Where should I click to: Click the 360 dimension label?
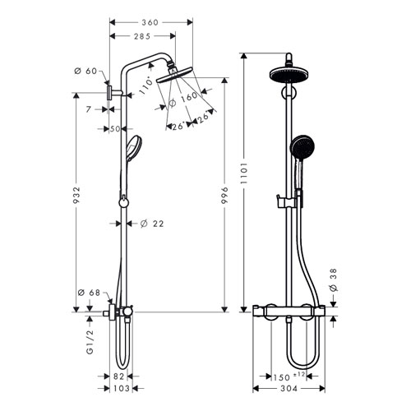[150, 22]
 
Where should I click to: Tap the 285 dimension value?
[142, 36]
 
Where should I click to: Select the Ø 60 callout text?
[85, 71]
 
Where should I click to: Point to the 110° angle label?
[145, 85]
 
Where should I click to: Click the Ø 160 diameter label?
[182, 99]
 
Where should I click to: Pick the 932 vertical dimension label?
[76, 195]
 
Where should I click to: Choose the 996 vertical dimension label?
[224, 195]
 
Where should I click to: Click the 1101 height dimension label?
[243, 173]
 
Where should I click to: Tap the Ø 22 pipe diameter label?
[152, 224]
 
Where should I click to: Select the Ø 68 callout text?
[89, 293]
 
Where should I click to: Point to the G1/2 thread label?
[90, 342]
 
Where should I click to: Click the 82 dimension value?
[119, 376]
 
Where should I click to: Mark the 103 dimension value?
[122, 388]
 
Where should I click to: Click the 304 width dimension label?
[289, 389]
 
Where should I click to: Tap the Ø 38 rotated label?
[333, 279]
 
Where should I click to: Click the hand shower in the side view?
[134, 149]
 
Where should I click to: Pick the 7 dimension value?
[88, 109]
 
